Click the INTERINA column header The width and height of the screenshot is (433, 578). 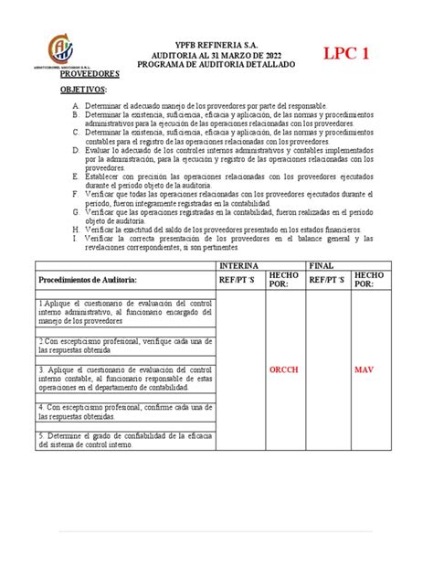click(x=239, y=264)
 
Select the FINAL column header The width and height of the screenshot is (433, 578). click(x=319, y=264)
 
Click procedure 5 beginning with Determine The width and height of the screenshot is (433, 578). click(x=125, y=440)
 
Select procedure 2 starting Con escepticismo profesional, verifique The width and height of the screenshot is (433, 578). click(x=125, y=342)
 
